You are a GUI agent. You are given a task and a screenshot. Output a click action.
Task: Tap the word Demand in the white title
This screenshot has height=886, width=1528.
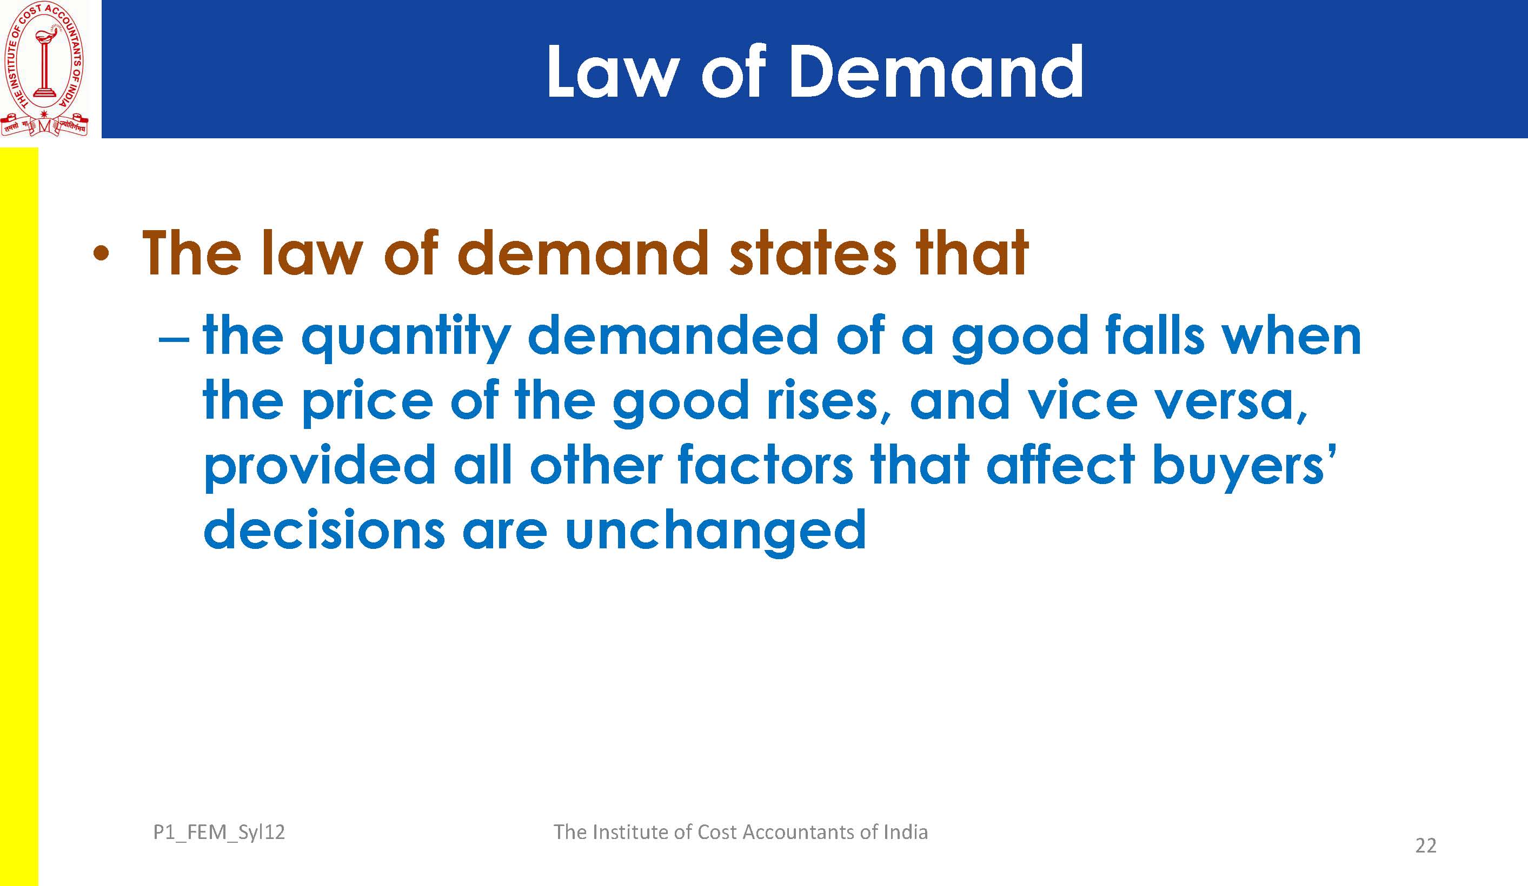tap(935, 71)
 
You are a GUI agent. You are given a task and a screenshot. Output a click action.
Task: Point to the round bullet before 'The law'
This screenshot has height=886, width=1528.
tap(101, 254)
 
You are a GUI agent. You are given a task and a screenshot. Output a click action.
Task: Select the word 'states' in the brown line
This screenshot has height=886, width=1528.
tap(813, 253)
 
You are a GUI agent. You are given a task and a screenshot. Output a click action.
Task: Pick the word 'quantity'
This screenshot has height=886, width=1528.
tap(406, 339)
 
